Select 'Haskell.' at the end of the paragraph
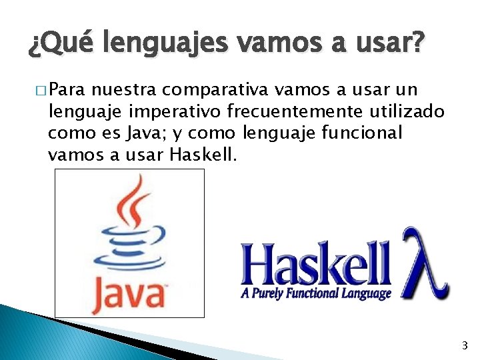coord(199,155)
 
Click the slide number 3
coord(464,345)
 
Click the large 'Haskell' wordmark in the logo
coord(316,265)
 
